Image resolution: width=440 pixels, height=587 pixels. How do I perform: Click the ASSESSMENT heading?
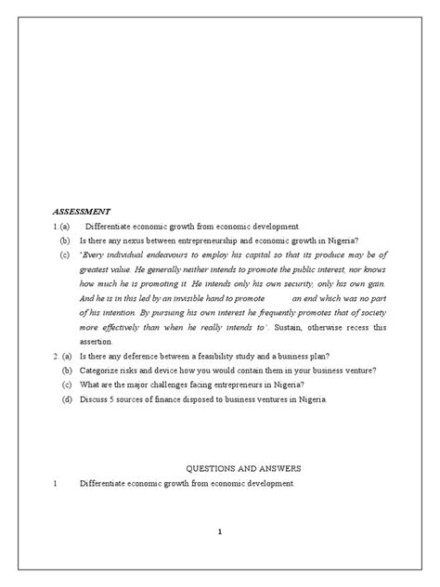[x=83, y=211]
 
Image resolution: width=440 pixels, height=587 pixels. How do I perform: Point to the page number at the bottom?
[x=219, y=531]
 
